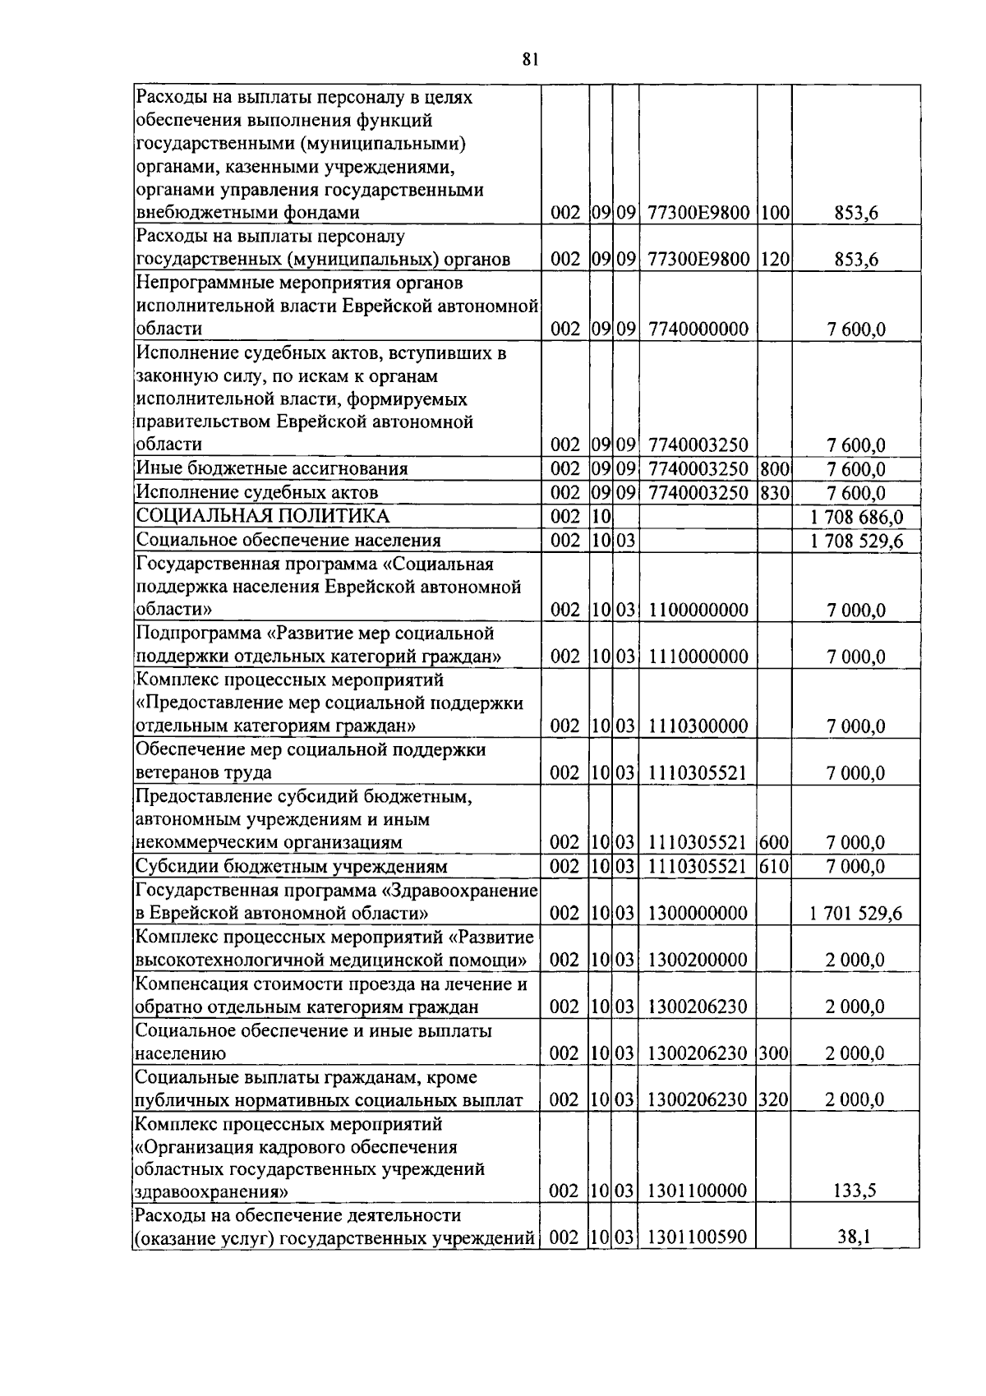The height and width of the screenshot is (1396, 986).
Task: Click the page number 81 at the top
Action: (x=529, y=58)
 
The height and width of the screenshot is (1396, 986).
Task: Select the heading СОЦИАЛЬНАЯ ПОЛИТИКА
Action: (x=263, y=516)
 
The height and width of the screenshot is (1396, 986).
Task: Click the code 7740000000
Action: (x=698, y=329)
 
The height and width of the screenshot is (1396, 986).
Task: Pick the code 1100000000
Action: (x=698, y=610)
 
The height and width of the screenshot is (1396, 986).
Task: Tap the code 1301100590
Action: (x=698, y=1237)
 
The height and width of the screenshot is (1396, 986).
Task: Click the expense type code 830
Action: (x=774, y=493)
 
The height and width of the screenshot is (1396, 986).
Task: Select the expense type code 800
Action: (x=774, y=469)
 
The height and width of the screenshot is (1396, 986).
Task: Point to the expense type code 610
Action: (x=774, y=867)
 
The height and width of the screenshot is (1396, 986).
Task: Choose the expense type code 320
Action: (x=774, y=1100)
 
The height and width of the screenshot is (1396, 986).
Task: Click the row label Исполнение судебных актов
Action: (x=257, y=493)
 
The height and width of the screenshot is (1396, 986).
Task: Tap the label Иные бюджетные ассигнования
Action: (x=272, y=469)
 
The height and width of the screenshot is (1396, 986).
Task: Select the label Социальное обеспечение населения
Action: (x=288, y=541)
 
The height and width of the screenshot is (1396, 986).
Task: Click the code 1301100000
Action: (x=698, y=1191)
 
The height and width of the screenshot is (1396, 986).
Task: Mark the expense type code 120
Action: (x=774, y=260)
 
